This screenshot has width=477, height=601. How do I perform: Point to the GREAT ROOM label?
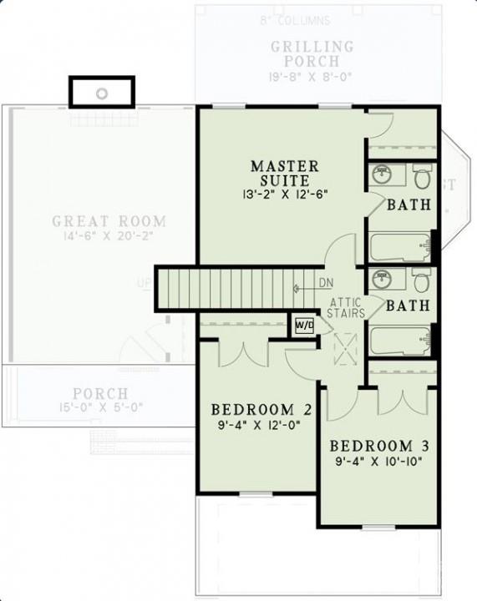[x=109, y=222]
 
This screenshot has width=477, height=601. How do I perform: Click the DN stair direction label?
[x=327, y=283]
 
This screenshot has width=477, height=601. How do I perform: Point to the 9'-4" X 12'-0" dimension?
[x=255, y=426]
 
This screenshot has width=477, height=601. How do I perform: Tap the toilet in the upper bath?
[x=422, y=178]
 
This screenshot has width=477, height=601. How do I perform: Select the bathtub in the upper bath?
[x=398, y=247]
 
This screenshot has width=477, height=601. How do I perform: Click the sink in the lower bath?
[x=383, y=279]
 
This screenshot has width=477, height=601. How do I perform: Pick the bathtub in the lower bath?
[x=398, y=341]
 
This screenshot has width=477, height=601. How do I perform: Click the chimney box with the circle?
[x=102, y=92]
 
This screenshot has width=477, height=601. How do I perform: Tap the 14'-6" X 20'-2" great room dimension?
[x=109, y=237]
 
